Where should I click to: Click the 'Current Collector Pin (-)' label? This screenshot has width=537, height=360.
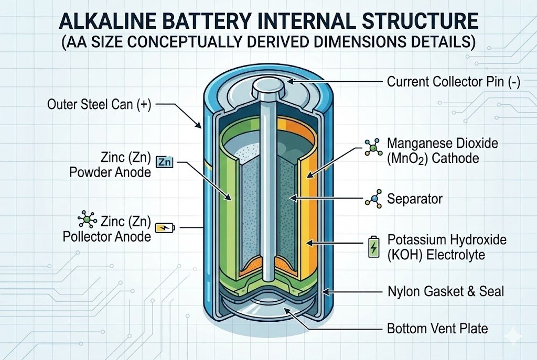point(453,82)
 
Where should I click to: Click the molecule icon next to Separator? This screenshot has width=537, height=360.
point(373,200)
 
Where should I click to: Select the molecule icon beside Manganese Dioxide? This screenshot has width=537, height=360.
point(373,149)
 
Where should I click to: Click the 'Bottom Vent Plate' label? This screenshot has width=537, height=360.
point(437,329)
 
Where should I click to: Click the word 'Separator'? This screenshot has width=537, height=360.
point(414,199)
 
